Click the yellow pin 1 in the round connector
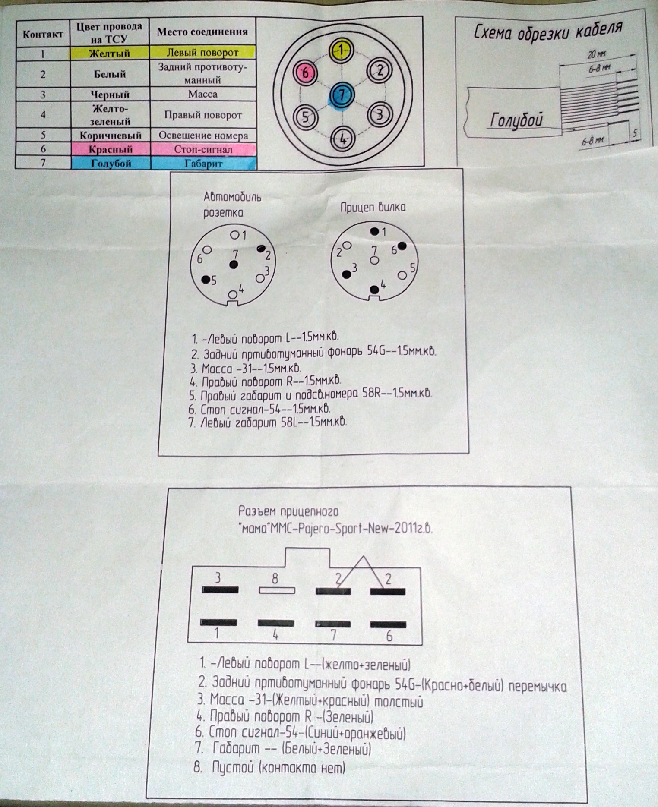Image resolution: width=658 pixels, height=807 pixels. coord(341,50)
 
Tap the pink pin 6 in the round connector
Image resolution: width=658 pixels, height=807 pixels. coord(305,73)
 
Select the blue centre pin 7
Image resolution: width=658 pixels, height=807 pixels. coord(342,95)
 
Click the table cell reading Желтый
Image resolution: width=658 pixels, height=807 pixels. coord(110,53)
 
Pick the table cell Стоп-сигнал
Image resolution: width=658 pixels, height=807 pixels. coord(203,149)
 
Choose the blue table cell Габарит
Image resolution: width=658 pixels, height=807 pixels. coord(203,163)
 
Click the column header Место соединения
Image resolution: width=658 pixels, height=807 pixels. coord(202,32)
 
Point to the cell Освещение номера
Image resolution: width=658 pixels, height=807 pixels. coord(203,136)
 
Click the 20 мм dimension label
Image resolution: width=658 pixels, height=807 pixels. coord(597,55)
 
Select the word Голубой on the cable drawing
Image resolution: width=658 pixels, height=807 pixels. coord(516,120)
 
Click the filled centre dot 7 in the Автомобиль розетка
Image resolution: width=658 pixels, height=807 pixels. coord(234,265)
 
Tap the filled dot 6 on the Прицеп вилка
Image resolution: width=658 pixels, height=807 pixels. coord(402,246)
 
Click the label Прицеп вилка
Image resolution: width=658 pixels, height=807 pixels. coord(373,207)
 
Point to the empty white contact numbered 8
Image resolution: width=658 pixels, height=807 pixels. coord(277,590)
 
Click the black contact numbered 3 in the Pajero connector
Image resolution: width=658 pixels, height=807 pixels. coord(220,589)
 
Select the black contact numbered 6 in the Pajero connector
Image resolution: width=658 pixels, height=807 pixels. coord(388,624)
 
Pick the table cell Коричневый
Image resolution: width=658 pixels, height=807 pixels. coord(111,135)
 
